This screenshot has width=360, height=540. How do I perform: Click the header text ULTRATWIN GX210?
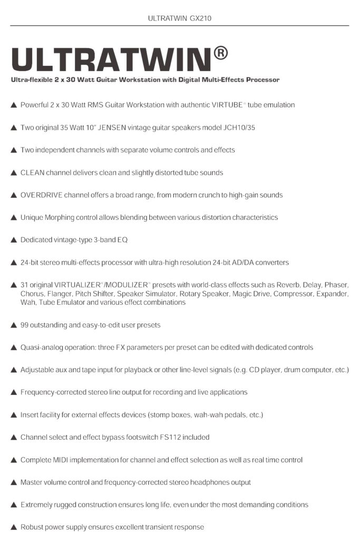click(180, 18)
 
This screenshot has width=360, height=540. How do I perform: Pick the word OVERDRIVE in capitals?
click(42, 195)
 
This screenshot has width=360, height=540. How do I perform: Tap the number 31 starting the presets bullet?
click(25, 285)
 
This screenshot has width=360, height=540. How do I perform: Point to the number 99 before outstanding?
click(25, 325)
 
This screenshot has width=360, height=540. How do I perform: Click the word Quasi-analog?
click(42, 348)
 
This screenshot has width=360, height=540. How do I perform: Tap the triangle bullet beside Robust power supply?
click(13, 527)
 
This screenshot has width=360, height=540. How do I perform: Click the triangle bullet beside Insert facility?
click(13, 415)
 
